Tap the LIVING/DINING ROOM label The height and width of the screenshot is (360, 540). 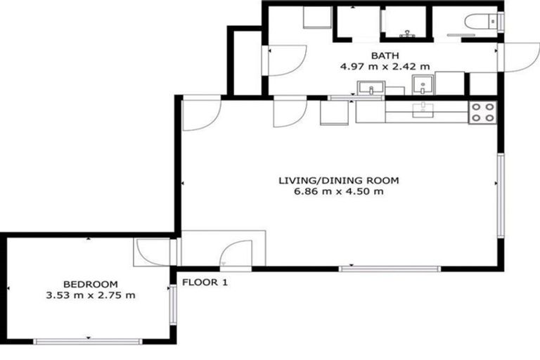click(339, 181)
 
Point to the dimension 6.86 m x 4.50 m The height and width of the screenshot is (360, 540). click(339, 192)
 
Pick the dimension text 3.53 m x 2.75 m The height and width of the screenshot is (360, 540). click(89, 295)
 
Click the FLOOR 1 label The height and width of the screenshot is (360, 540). click(205, 283)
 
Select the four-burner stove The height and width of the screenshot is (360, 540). click(483, 112)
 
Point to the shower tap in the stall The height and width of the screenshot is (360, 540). click(407, 32)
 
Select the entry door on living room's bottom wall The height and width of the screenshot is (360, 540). click(236, 255)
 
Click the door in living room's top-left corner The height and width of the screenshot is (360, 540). click(201, 114)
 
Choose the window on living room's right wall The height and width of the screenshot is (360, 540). click(500, 197)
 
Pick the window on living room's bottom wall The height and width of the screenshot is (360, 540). click(390, 269)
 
